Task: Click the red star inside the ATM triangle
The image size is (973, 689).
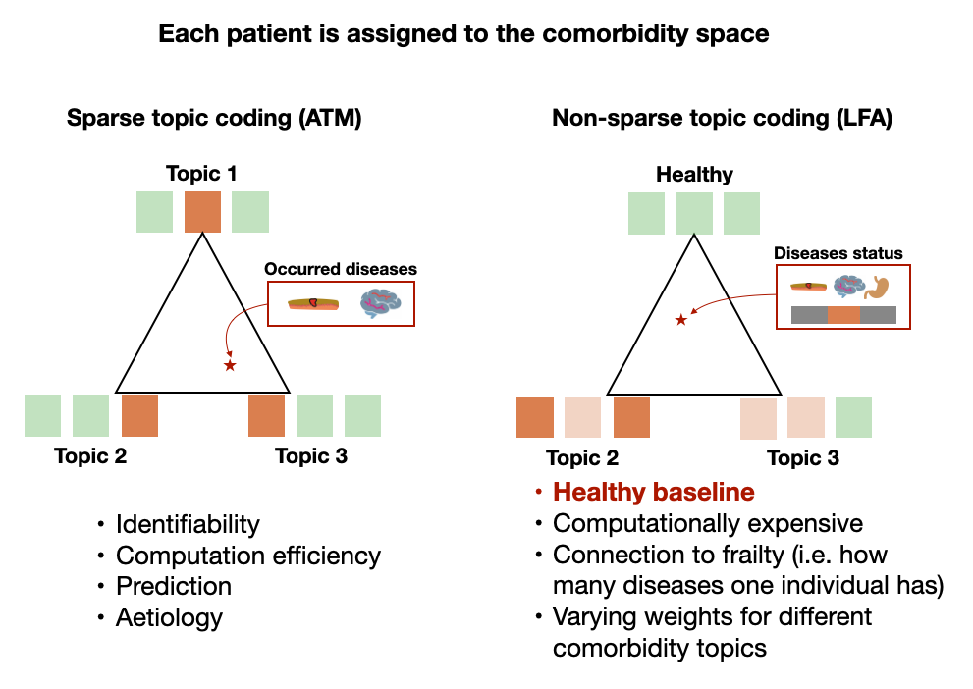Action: [x=230, y=365]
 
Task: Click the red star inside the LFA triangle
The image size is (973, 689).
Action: [x=680, y=319]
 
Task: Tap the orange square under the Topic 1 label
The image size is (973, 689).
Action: [x=203, y=212]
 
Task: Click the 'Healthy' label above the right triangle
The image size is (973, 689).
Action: [x=694, y=175]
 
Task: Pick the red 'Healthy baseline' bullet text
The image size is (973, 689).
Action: [x=653, y=493]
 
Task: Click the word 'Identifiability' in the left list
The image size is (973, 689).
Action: [x=188, y=524]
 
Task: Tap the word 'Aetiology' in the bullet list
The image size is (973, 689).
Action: [x=169, y=617]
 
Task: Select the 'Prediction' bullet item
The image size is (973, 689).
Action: [x=174, y=586]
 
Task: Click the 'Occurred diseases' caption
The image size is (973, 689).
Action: [x=341, y=269]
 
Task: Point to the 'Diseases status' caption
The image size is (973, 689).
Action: [x=838, y=253]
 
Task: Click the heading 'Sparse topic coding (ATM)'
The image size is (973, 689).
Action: [x=214, y=119]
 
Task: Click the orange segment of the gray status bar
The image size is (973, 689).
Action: [x=843, y=315]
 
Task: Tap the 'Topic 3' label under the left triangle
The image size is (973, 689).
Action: [x=311, y=455]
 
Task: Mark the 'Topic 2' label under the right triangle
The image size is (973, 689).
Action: [x=582, y=458]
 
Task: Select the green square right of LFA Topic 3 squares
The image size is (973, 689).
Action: [x=853, y=416]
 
